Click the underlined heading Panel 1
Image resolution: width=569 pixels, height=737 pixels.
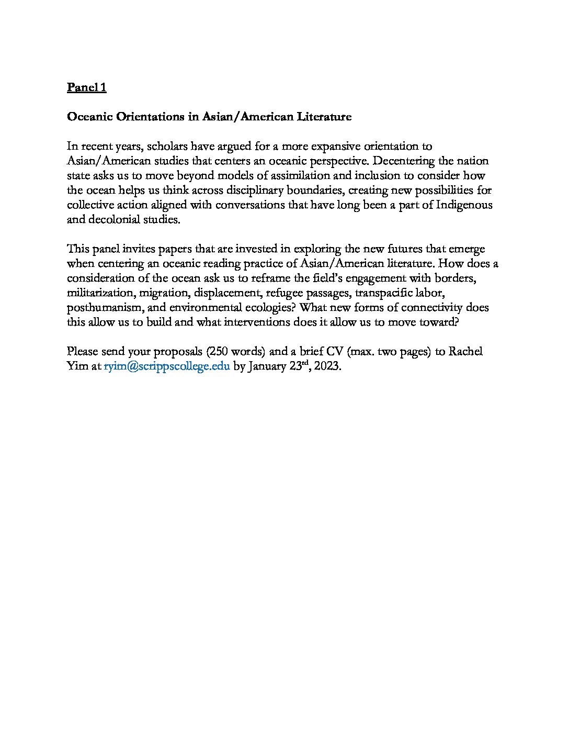click(x=87, y=87)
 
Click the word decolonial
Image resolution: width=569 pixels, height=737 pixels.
click(x=114, y=219)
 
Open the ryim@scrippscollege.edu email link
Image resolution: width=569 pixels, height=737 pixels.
click(x=167, y=366)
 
